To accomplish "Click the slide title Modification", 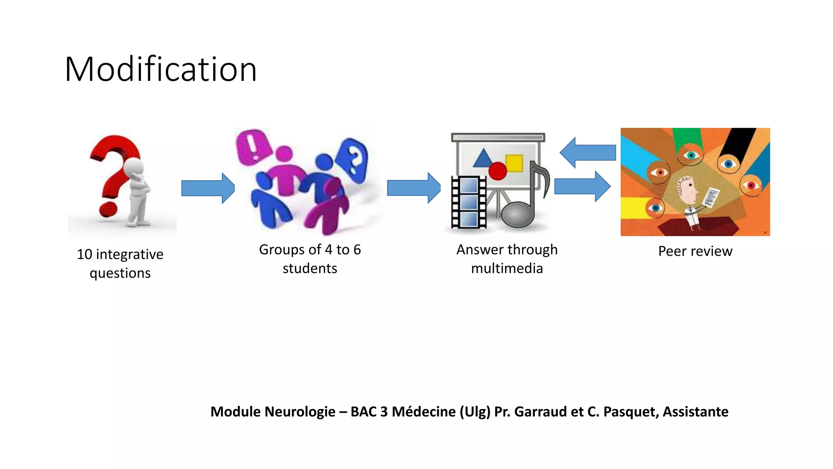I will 161,69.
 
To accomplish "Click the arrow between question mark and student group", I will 208,188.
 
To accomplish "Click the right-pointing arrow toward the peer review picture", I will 582,186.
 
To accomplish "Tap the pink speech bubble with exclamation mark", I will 253,147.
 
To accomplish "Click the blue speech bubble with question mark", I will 353,160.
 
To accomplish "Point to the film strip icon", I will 469,202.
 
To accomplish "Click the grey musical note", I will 525,204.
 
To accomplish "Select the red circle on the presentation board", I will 497,171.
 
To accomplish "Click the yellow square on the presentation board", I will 514,163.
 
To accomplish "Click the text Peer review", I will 695,251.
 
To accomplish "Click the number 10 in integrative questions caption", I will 85,254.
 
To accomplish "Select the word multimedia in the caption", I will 507,269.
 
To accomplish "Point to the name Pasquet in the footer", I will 630,412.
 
